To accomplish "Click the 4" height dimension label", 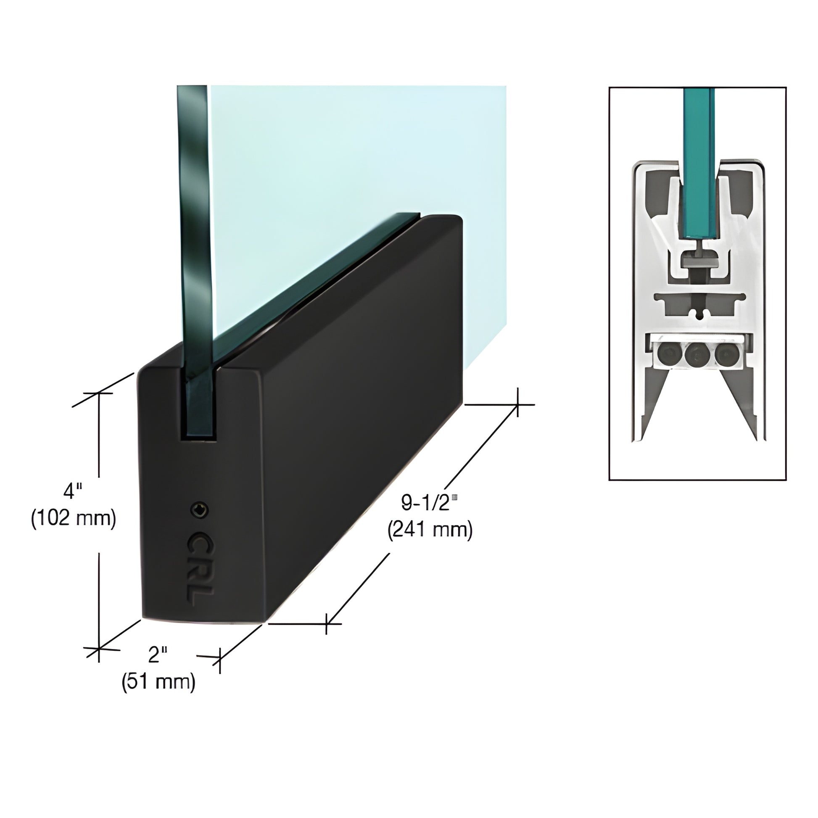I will click(72, 491).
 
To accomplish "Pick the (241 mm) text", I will click(430, 530).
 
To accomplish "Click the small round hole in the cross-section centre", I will click(699, 313).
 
